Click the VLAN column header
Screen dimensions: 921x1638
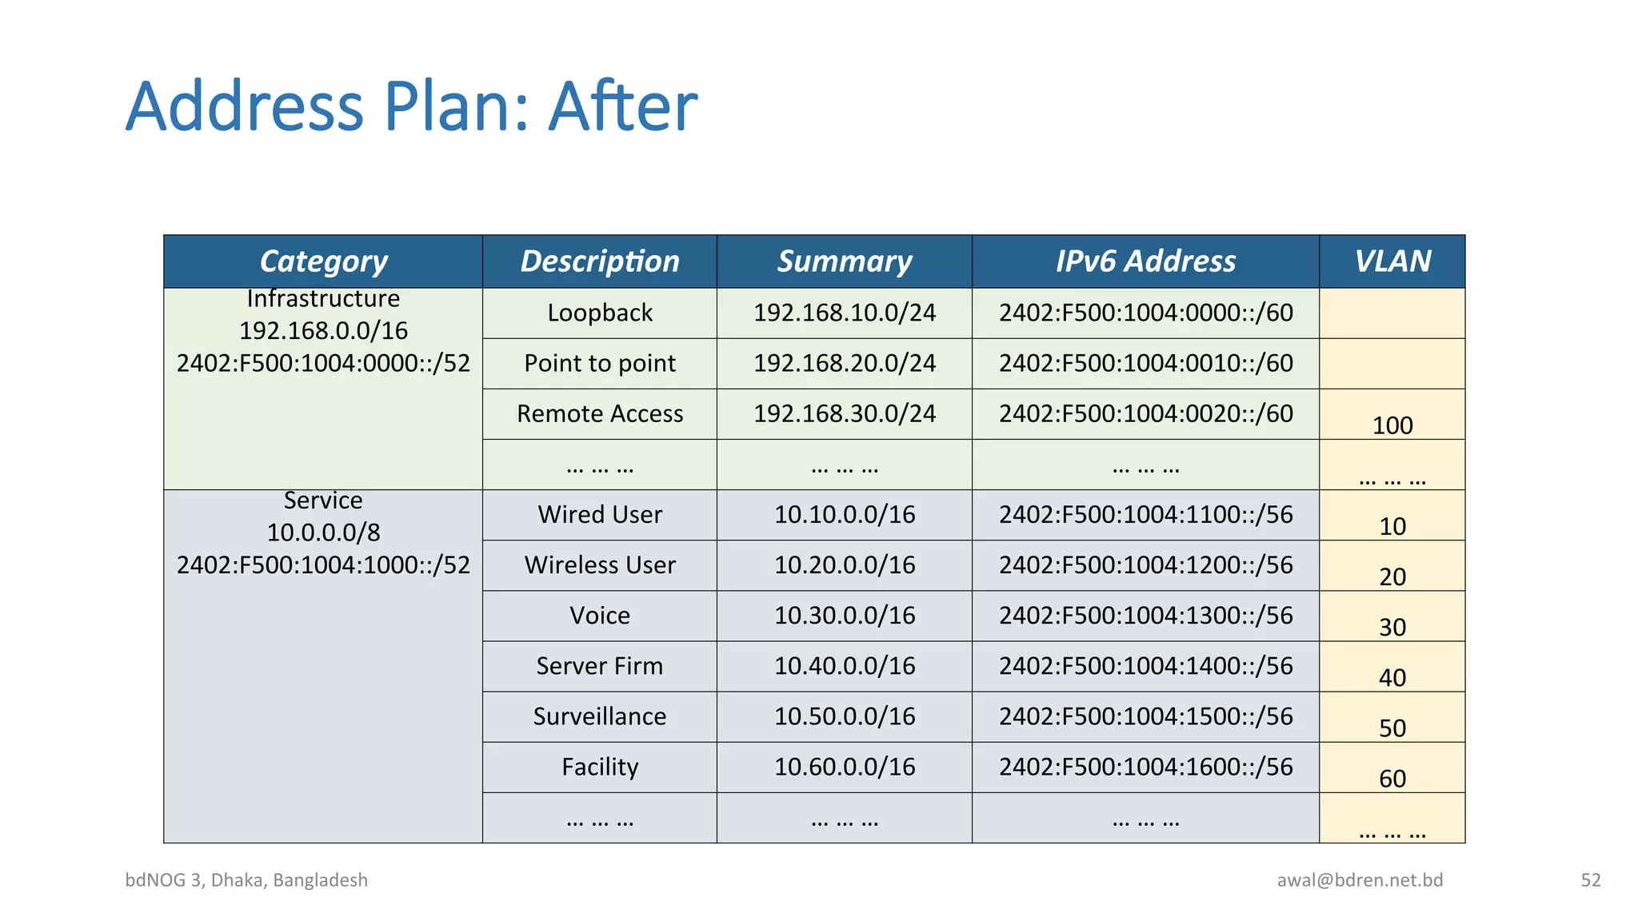(1392, 261)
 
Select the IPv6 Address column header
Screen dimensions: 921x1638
(1145, 261)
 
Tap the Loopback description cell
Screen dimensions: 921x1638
(600, 313)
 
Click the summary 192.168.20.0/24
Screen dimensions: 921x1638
(844, 363)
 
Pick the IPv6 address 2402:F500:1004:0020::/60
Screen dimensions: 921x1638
(1145, 413)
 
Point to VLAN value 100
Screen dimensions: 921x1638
(1392, 425)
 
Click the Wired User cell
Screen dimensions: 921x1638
(600, 514)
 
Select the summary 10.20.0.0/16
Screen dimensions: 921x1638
(844, 564)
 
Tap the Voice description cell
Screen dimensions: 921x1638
(600, 616)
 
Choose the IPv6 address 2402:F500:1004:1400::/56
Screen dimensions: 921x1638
(1145, 666)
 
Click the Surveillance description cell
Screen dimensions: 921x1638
(600, 716)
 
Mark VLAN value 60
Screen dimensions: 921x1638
(1392, 778)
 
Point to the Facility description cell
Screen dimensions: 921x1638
(600, 767)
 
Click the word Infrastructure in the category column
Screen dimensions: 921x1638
(323, 298)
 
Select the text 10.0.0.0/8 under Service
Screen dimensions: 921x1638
(323, 532)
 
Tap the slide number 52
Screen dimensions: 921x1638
(1590, 880)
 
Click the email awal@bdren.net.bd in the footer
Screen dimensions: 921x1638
(1360, 880)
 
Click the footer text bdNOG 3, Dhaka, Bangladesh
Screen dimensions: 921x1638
(246, 880)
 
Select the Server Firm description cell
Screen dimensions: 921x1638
(600, 666)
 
